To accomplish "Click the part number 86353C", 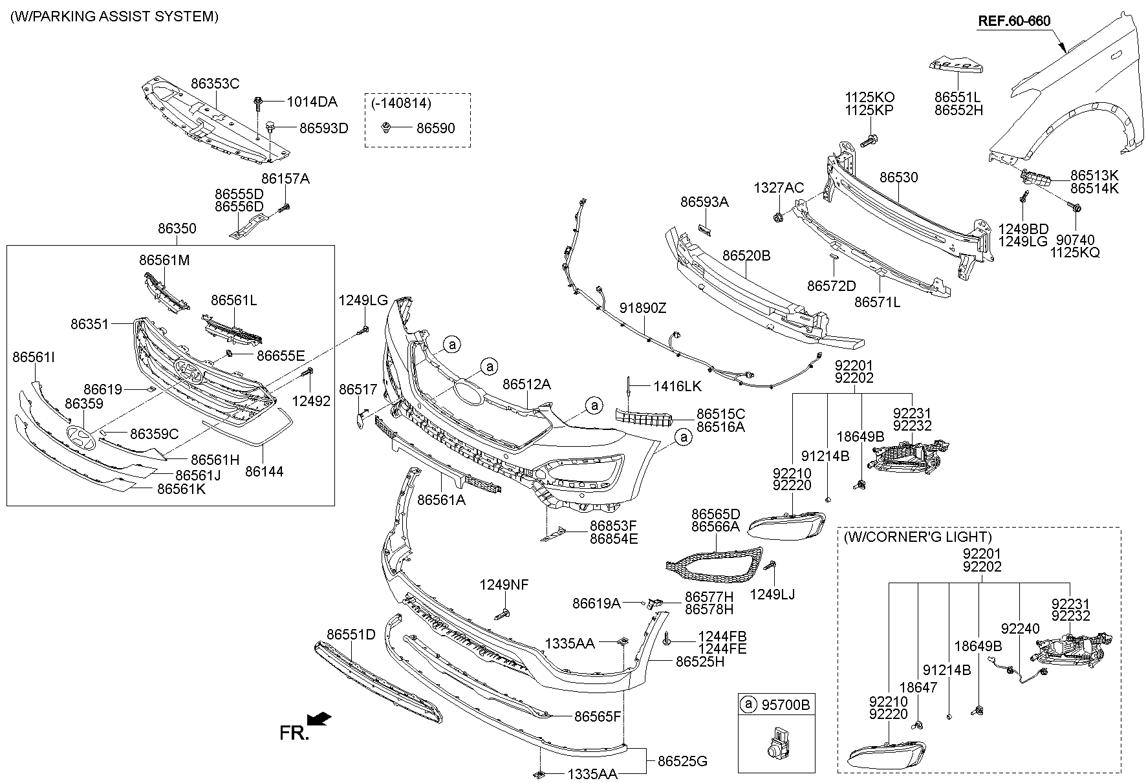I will tap(215, 83).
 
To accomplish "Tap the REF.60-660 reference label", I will tap(1013, 21).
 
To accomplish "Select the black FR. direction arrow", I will tap(319, 719).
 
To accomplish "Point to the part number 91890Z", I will tap(642, 308).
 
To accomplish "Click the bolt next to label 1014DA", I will tap(259, 102).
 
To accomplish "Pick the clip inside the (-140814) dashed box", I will tap(386, 127).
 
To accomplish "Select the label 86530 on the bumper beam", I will tap(898, 177).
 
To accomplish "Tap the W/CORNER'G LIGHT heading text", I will tap(917, 537).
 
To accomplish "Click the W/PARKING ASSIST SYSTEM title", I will tap(114, 17).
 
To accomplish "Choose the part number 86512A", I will tap(526, 384).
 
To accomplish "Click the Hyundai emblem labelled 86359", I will tap(80, 439).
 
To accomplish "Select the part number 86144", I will tap(264, 471).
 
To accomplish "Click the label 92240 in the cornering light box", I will tap(1020, 628).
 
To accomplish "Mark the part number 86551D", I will tap(351, 634).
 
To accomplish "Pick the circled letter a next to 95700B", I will tap(748, 704).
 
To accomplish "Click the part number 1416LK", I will tap(677, 386).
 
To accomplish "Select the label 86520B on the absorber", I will tap(746, 255).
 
